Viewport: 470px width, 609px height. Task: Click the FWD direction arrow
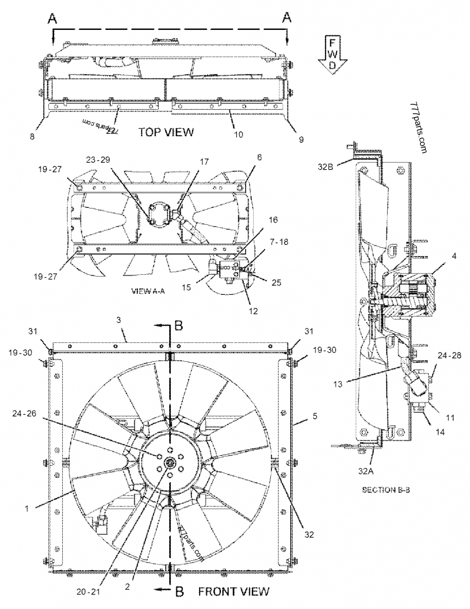332,55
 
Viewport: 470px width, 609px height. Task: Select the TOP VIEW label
166,132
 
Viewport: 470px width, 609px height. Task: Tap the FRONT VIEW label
233,591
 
